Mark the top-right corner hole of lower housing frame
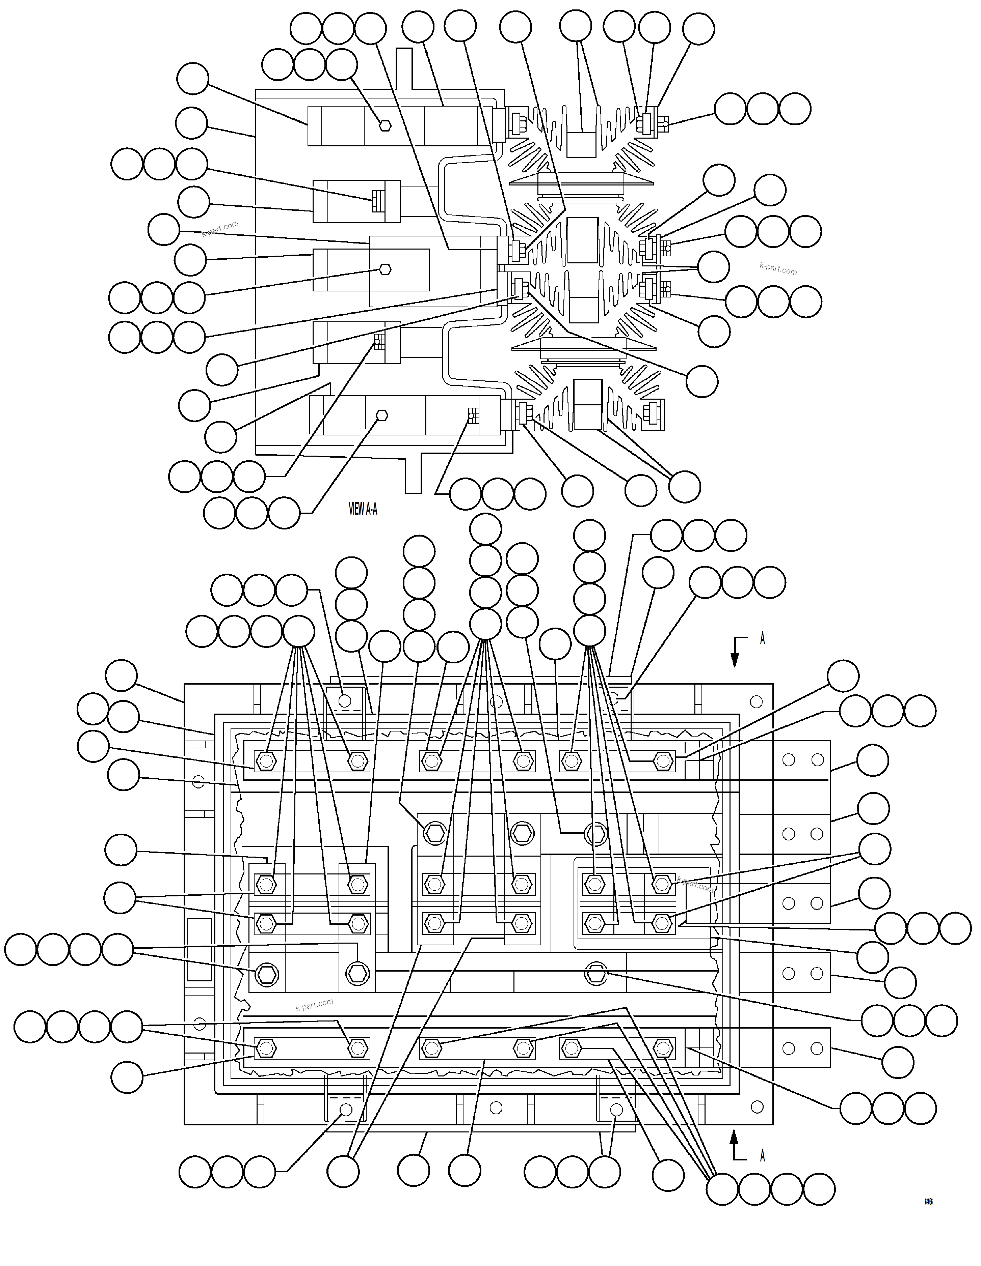[756, 702]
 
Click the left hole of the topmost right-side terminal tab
[788, 759]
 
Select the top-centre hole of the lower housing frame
[496, 702]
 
